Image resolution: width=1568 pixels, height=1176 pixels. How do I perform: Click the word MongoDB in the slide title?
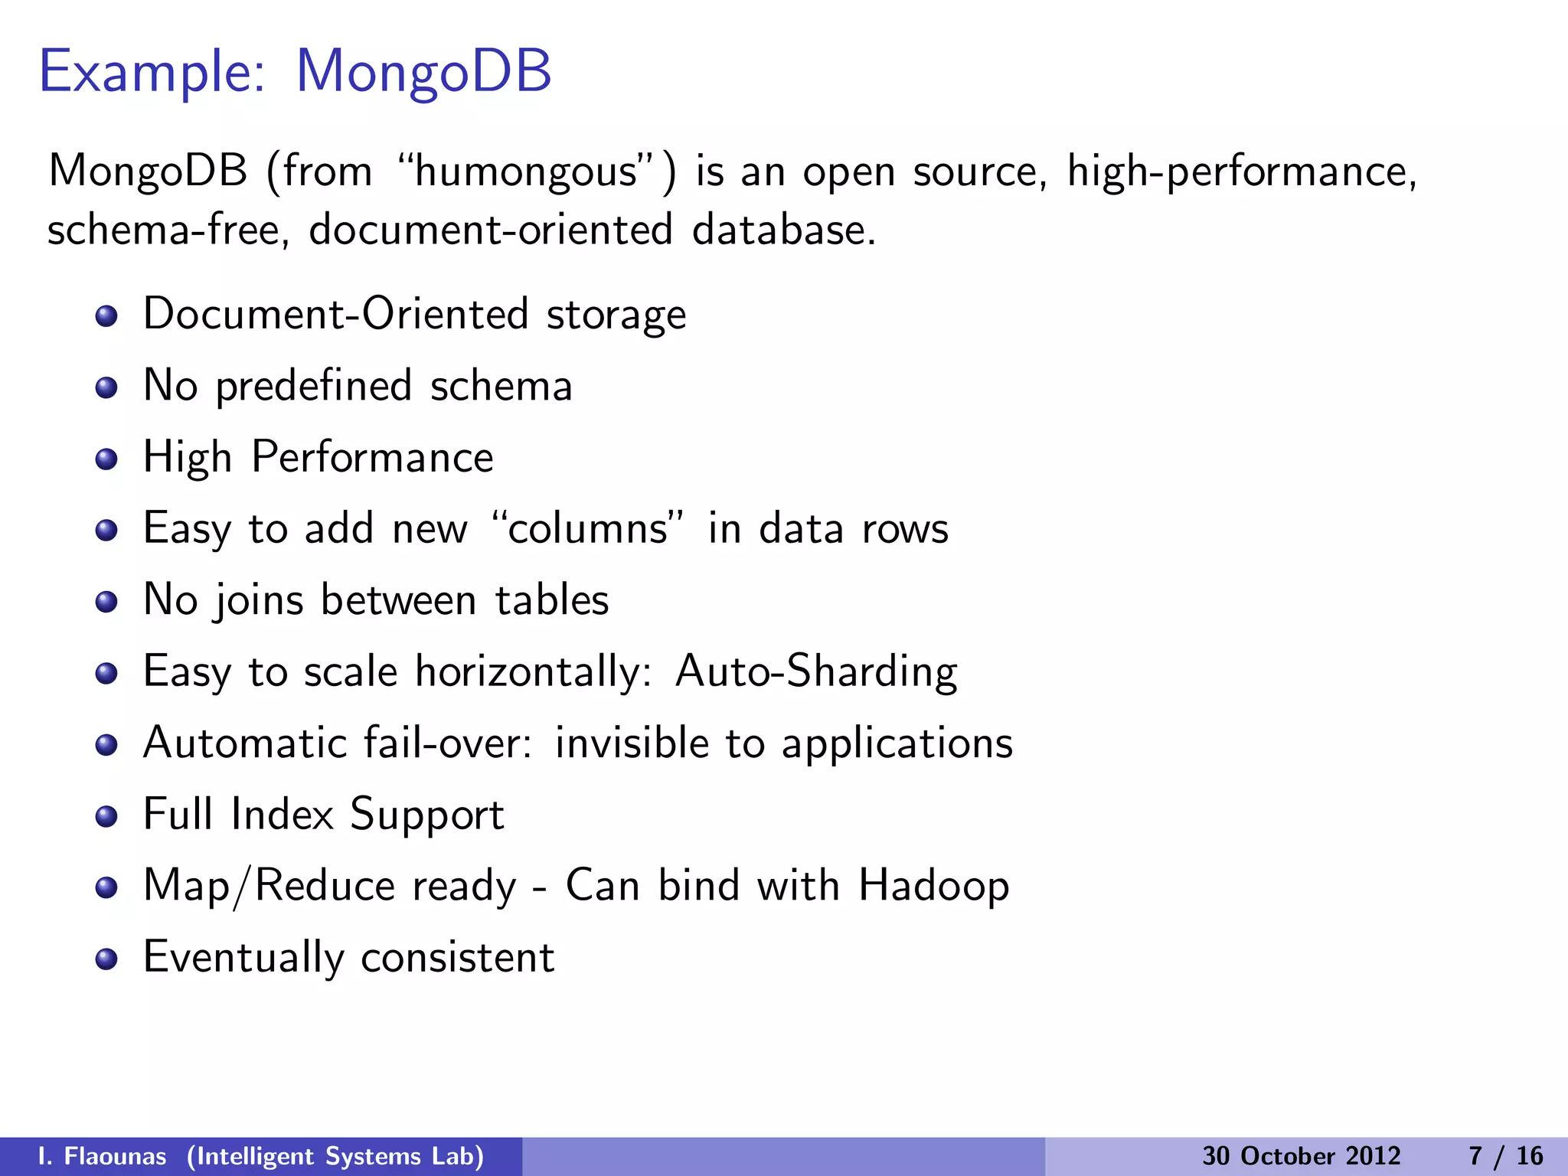423,71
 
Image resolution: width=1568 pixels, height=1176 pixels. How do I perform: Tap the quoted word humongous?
527,171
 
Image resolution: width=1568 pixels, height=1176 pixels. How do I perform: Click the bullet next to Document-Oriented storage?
106,316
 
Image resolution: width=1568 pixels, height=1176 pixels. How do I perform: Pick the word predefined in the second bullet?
314,387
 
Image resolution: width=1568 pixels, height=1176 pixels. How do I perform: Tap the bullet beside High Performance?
106,459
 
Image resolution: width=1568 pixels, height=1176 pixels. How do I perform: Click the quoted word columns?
587,528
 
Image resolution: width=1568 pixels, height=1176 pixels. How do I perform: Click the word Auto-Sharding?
816,672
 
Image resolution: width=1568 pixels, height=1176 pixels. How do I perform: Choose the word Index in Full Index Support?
283,814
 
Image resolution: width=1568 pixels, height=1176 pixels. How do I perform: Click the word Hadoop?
933,887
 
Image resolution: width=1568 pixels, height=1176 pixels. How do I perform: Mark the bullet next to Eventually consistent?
106,959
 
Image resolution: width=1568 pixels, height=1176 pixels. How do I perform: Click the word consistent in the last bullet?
457,958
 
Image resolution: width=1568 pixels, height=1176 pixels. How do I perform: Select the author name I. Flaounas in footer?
102,1156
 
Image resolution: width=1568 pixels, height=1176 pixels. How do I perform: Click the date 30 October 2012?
1301,1156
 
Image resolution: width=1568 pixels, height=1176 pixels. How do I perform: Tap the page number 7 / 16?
1505,1156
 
